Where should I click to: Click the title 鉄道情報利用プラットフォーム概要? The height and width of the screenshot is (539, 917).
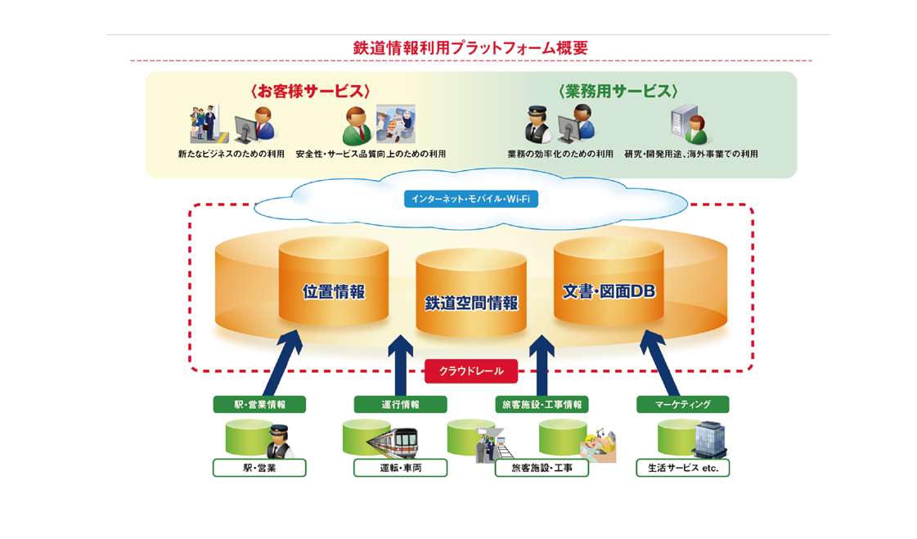click(x=470, y=48)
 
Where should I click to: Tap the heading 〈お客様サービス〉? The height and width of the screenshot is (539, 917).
click(x=311, y=92)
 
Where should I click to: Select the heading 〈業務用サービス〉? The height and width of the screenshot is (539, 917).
click(x=618, y=92)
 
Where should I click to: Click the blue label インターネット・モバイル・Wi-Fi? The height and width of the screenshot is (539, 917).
click(x=470, y=199)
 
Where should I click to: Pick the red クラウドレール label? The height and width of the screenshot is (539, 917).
click(x=471, y=371)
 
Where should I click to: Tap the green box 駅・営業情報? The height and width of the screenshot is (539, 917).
click(x=259, y=404)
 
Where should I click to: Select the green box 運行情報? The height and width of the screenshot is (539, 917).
click(x=400, y=404)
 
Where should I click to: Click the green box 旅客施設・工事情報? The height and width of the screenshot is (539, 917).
click(x=541, y=404)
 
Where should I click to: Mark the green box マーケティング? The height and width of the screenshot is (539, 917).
click(x=682, y=404)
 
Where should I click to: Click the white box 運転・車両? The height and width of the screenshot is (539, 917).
click(x=400, y=468)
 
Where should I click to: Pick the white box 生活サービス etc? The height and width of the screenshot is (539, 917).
click(x=682, y=468)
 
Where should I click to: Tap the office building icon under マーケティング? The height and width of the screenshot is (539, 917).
click(x=708, y=440)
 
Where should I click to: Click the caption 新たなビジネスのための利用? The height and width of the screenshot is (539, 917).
click(x=231, y=154)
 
